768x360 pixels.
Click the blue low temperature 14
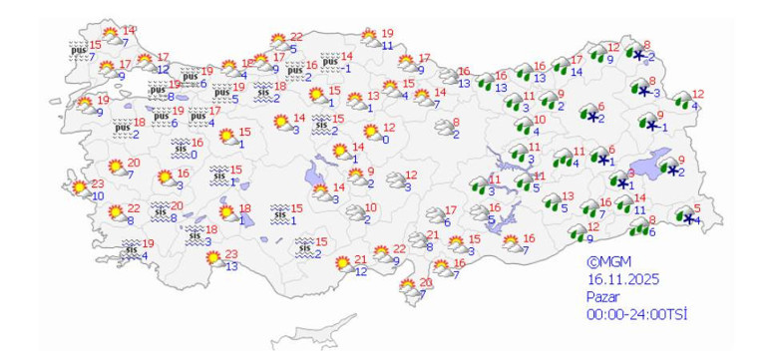point(576,72)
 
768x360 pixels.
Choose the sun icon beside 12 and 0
point(371,132)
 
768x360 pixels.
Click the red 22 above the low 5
point(295,37)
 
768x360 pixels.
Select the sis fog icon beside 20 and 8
point(159,210)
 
